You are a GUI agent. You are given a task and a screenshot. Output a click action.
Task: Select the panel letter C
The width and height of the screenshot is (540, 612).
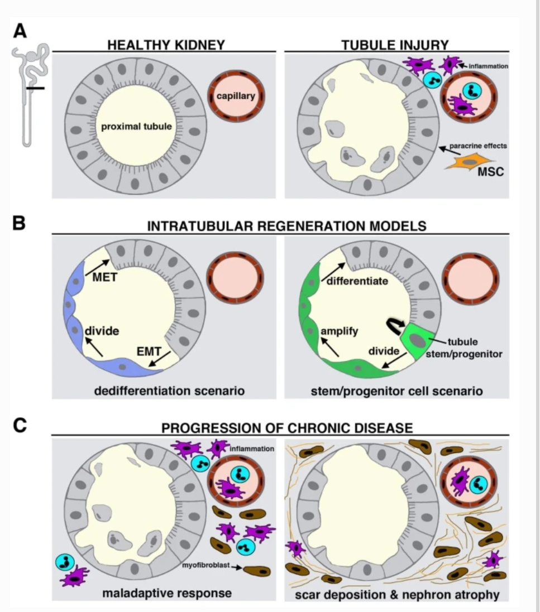(x=20, y=425)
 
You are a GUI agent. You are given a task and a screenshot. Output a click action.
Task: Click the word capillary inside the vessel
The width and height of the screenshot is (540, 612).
(x=236, y=95)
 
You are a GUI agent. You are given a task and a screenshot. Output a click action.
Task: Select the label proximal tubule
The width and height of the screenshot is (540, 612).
(x=136, y=127)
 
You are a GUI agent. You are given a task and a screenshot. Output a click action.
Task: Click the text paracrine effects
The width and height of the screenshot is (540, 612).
(x=480, y=146)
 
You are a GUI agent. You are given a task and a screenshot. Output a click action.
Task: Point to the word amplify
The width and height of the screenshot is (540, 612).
(x=340, y=331)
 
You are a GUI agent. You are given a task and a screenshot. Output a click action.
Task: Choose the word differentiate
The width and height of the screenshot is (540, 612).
(x=357, y=281)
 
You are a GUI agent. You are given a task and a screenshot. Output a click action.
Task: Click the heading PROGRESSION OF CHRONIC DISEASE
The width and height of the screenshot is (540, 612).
(x=287, y=428)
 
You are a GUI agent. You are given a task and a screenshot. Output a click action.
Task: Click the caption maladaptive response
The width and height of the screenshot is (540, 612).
(x=166, y=594)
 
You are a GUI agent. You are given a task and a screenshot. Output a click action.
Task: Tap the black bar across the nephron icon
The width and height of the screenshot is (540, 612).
(x=35, y=88)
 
